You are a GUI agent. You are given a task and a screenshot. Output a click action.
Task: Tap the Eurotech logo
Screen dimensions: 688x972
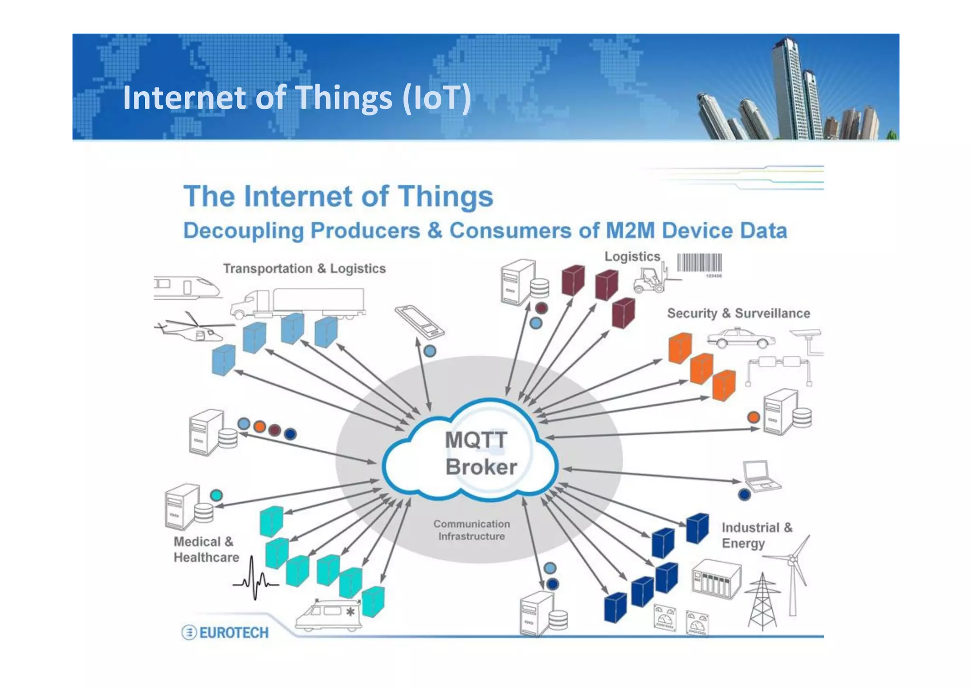(225, 632)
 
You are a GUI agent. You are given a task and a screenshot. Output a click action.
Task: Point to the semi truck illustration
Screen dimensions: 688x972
(298, 303)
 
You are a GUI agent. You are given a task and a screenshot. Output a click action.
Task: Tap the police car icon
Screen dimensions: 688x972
(740, 338)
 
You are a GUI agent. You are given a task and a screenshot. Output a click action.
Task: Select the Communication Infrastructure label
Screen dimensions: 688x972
(472, 530)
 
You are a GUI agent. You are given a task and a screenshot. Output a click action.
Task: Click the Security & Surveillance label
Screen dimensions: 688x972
(738, 314)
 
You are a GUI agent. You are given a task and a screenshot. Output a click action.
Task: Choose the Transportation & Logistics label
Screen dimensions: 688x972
(304, 269)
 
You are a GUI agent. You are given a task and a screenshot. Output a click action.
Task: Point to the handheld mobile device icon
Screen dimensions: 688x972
(420, 322)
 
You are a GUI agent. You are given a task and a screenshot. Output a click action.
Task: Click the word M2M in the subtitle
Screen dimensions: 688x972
(630, 231)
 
